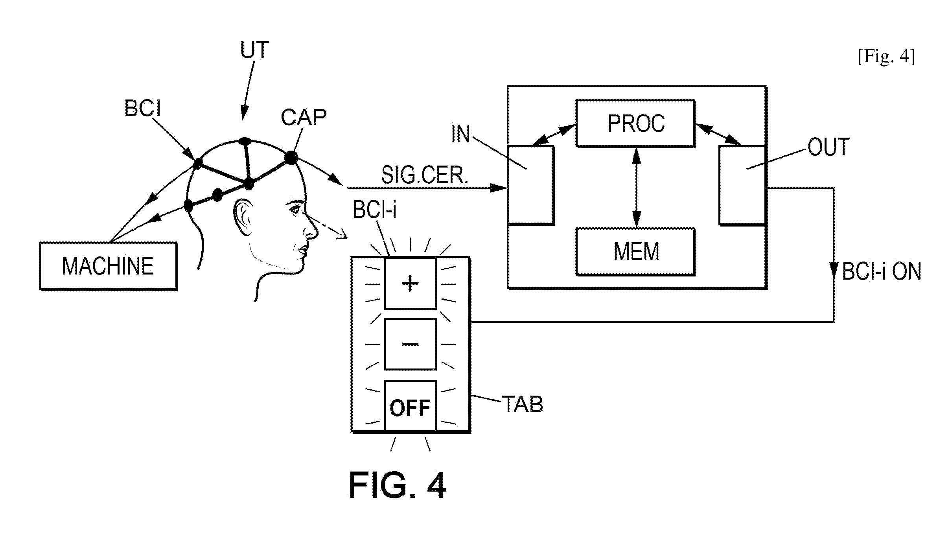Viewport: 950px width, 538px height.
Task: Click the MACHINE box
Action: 109,266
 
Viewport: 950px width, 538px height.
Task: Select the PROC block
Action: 635,123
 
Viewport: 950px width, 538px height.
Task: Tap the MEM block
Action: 635,252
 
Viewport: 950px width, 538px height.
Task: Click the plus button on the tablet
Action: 410,283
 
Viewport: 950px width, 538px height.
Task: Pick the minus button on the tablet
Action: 410,344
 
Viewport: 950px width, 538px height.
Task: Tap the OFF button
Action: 410,406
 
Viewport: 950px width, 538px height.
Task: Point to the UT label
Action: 255,50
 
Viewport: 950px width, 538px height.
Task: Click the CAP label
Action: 304,117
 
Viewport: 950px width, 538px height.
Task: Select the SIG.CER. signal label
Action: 425,175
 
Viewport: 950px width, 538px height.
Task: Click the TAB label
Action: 522,404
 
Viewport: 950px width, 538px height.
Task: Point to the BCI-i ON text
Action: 882,272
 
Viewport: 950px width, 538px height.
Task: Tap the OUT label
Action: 828,147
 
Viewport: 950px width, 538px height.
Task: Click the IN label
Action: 460,134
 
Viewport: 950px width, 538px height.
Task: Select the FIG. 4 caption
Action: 398,485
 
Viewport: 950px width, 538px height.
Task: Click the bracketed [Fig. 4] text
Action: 886,57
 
